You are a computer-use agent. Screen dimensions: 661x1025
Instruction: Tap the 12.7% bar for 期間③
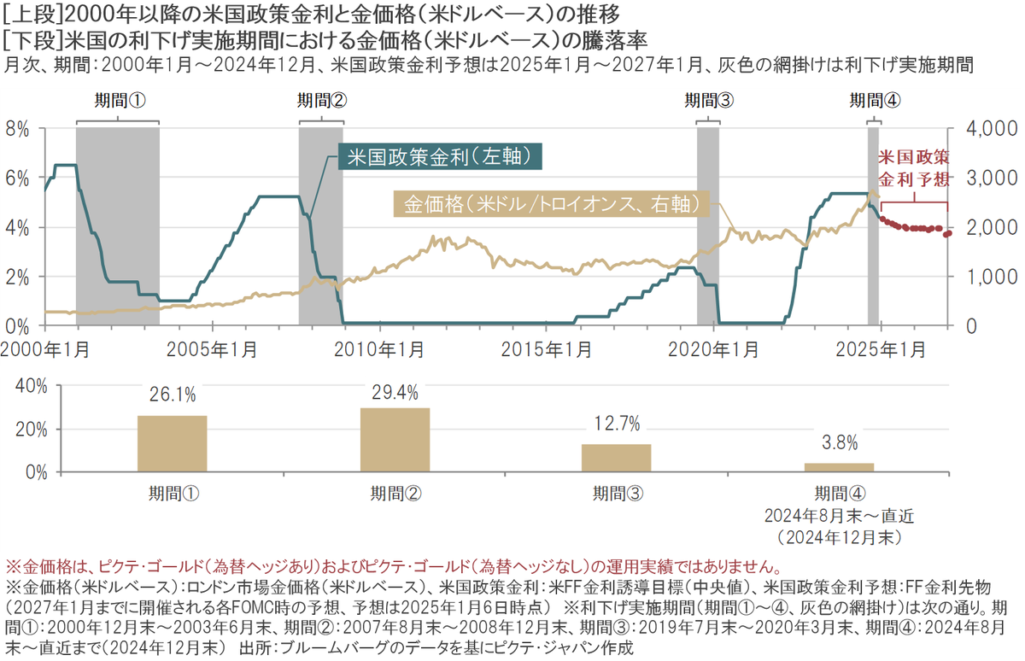(616, 458)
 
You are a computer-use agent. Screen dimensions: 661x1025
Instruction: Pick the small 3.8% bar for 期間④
(839, 467)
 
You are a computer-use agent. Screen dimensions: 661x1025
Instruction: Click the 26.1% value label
(172, 395)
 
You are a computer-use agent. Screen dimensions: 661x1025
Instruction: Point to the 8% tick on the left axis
(18, 129)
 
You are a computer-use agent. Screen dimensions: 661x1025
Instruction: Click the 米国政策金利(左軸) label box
(441, 158)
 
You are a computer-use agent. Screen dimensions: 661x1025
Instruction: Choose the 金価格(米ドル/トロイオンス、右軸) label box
(552, 204)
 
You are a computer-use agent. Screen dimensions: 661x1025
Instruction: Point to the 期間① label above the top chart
(118, 100)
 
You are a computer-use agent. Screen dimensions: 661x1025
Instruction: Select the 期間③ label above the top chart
(708, 100)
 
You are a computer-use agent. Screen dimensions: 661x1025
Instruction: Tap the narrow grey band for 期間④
(873, 225)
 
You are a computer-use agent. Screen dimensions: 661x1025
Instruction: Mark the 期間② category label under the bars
(395, 493)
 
